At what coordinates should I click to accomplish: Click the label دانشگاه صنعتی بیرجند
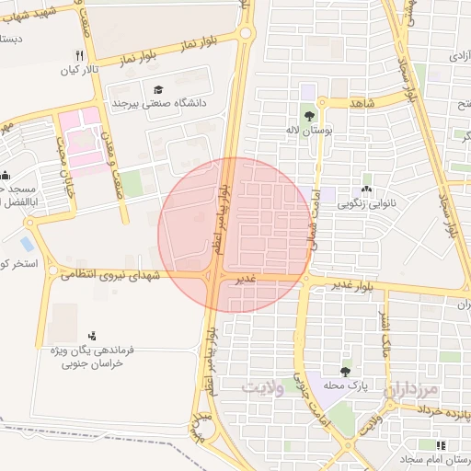pyautogui.click(x=156, y=103)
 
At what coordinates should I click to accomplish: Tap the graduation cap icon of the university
pyautogui.click(x=158, y=90)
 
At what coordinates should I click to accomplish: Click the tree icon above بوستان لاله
pyautogui.click(x=308, y=116)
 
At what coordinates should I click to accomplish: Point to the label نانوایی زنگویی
pyautogui.click(x=366, y=201)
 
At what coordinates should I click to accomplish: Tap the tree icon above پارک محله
pyautogui.click(x=345, y=372)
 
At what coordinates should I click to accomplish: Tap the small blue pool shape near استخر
pyautogui.click(x=26, y=245)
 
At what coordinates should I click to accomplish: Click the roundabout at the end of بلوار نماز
pyautogui.click(x=245, y=34)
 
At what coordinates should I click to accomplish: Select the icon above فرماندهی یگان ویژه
pyautogui.click(x=91, y=335)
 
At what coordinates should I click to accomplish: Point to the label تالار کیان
pyautogui.click(x=79, y=69)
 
